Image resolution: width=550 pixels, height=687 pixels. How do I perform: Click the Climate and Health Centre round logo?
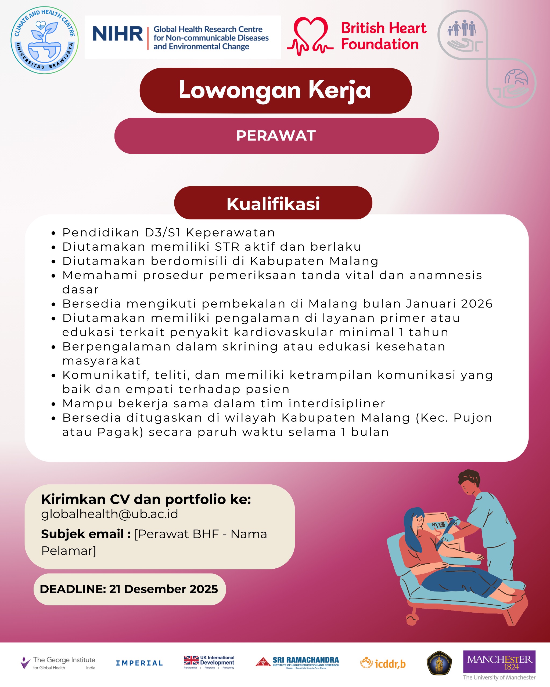pyautogui.click(x=44, y=40)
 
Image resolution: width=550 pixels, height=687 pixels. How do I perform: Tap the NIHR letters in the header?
pyautogui.click(x=117, y=34)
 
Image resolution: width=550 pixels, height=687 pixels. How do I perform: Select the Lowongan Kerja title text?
pyautogui.click(x=275, y=90)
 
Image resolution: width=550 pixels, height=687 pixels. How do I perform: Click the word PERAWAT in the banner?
pyautogui.click(x=276, y=136)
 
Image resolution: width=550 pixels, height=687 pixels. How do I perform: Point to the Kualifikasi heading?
pyautogui.click(x=273, y=204)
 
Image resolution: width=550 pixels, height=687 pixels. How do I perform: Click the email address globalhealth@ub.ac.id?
pyautogui.click(x=109, y=514)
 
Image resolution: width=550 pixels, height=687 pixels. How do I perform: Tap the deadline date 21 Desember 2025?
pyautogui.click(x=163, y=589)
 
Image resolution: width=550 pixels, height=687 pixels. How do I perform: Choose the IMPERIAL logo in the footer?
pyautogui.click(x=139, y=663)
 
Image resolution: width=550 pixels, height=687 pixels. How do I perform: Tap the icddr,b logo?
pyautogui.click(x=383, y=663)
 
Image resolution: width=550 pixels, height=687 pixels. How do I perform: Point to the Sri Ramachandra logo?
pyautogui.click(x=297, y=662)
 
